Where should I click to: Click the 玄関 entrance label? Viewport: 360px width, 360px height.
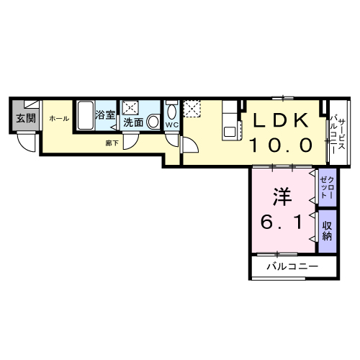coord(24,118)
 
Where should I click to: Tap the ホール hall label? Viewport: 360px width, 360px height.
coord(59,118)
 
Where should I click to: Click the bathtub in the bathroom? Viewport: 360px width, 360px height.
coord(84,116)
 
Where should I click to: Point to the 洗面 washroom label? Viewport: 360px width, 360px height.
coord(133,123)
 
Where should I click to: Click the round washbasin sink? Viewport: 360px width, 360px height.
coord(153,123)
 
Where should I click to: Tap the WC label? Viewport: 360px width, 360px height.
coord(171,125)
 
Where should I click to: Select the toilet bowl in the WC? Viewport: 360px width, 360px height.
coord(171,112)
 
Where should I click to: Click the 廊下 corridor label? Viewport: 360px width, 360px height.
coord(112,143)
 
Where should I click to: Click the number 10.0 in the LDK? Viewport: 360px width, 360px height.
coord(280,145)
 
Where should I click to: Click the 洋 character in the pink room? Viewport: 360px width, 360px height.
coord(280,196)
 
